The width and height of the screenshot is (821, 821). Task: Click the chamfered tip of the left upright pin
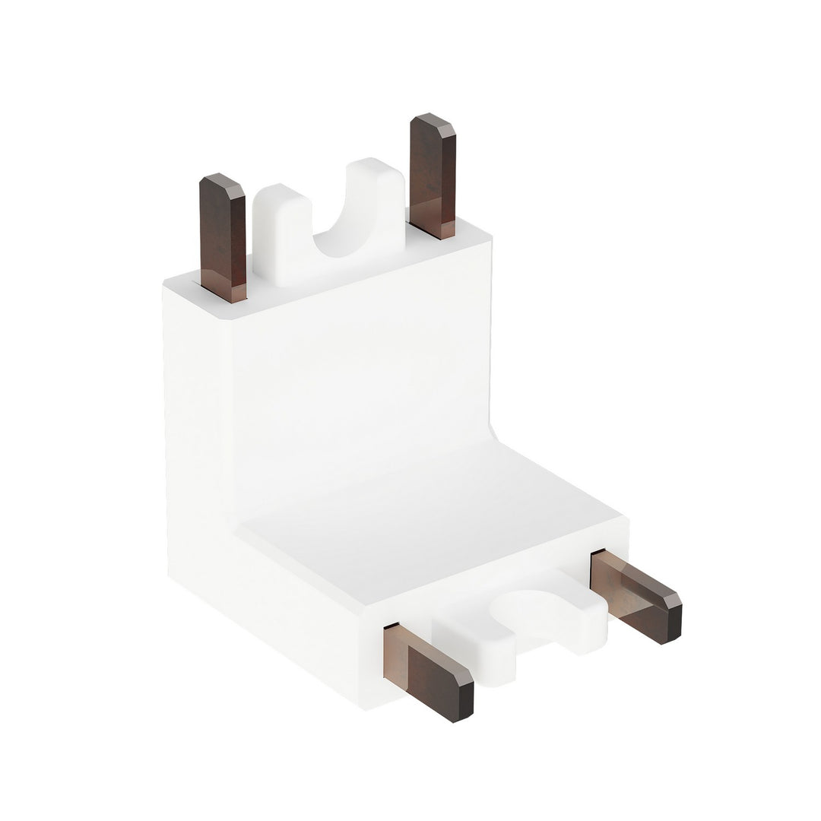[222, 183]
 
